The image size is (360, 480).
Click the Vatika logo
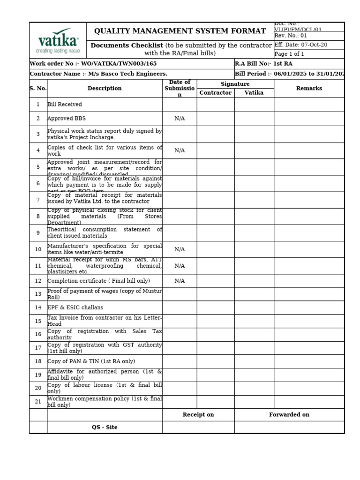[x=58, y=40]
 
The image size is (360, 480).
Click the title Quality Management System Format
[x=180, y=31]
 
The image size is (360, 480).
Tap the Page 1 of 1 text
[x=289, y=54]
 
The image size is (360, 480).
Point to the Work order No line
[x=93, y=63]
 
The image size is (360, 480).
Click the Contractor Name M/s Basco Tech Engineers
[x=98, y=74]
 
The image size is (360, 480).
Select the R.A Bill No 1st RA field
[x=257, y=63]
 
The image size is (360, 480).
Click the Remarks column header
[x=309, y=88]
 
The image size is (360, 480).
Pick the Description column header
[x=105, y=88]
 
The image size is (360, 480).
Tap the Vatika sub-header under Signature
[x=254, y=93]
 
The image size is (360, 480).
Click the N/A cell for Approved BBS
[x=180, y=119]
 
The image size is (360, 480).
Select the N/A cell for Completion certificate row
[x=180, y=281]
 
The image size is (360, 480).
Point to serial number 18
[x=38, y=361]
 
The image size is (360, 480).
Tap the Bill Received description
[x=65, y=105]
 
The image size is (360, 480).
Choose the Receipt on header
[x=198, y=414]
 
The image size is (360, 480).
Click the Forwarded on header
[x=289, y=414]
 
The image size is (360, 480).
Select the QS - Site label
[x=105, y=427]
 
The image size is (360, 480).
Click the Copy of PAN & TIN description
[x=91, y=361]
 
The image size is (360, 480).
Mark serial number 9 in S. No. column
[x=38, y=232]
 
